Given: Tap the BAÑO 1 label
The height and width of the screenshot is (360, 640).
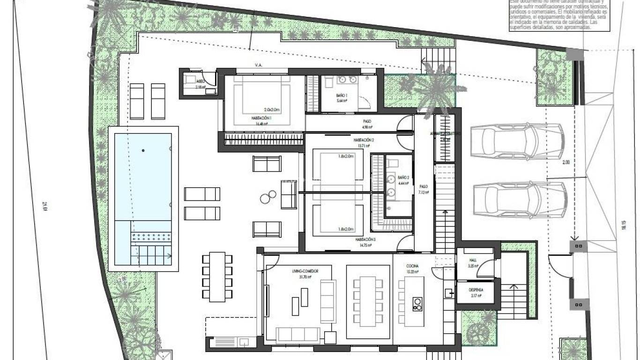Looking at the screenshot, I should coord(342,95).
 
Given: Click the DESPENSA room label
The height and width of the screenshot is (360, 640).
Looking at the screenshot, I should coord(476,290).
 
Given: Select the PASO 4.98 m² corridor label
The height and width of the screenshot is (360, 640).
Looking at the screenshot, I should coord(367,121).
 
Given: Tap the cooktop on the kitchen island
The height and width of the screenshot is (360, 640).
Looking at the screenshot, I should coord(417,304).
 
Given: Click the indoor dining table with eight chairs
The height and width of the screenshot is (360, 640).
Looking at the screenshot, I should coord(368,301).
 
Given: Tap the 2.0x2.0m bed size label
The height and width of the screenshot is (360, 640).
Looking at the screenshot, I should coord(272,110).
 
